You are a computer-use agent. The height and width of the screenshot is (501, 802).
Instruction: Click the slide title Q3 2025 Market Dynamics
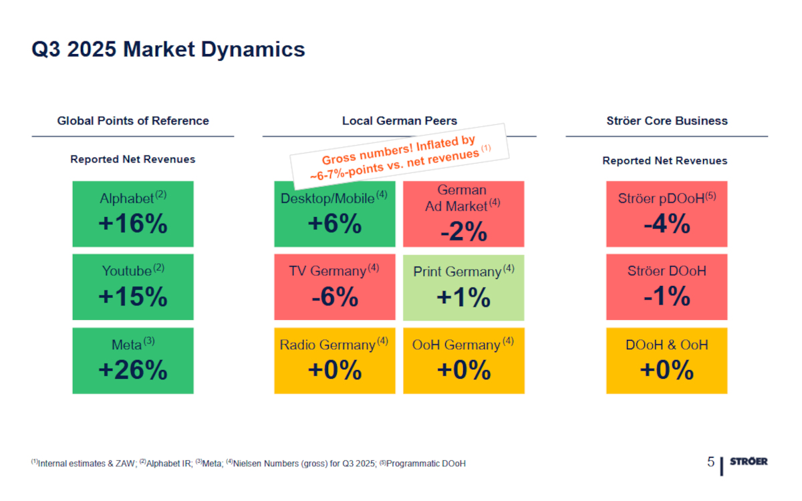point(168,49)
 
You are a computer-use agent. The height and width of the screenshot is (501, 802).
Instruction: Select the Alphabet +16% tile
point(133,214)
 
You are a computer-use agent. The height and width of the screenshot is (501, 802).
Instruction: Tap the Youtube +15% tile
point(133,287)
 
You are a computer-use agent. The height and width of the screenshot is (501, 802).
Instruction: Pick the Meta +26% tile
point(133,360)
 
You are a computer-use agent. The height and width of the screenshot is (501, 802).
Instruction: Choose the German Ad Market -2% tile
point(463,214)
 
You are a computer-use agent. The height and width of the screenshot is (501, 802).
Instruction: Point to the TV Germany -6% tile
point(334,287)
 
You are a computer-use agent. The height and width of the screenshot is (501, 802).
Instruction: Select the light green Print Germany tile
point(463,287)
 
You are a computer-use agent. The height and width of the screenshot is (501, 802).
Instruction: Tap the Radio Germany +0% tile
point(334,360)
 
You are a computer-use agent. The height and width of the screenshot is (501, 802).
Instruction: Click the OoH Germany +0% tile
point(463,360)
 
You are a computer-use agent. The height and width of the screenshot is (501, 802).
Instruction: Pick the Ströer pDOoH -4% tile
point(666,214)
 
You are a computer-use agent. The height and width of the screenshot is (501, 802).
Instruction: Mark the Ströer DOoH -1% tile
point(666,287)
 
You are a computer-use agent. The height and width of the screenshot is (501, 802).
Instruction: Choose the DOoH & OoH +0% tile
point(666,360)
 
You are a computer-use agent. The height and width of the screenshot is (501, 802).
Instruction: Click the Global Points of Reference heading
point(133,121)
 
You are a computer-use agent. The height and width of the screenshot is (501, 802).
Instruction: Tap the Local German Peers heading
point(399,121)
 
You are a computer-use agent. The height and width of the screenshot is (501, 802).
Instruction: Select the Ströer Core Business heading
point(666,121)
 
